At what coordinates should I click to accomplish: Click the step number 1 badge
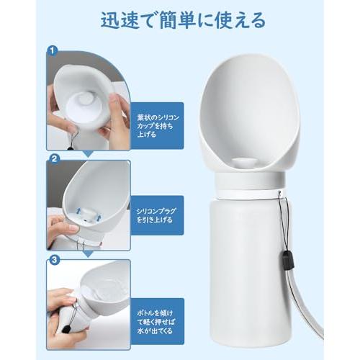53,51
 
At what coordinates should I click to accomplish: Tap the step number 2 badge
53,158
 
